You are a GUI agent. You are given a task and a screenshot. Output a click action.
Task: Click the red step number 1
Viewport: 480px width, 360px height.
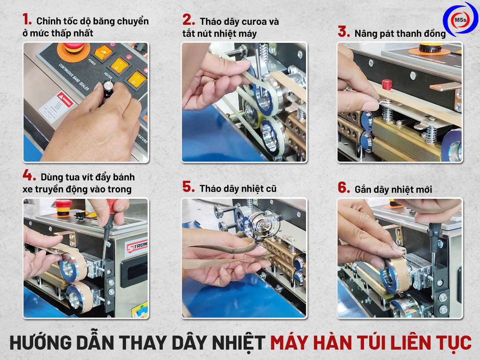27,19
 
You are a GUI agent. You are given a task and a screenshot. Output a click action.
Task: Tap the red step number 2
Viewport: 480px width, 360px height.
188,20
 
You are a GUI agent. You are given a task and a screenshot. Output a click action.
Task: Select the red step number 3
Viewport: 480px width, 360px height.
344,32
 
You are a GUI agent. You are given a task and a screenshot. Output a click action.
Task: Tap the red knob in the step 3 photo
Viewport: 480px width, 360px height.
386,84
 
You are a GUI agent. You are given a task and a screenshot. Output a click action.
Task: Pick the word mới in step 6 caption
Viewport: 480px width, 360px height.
422,189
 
